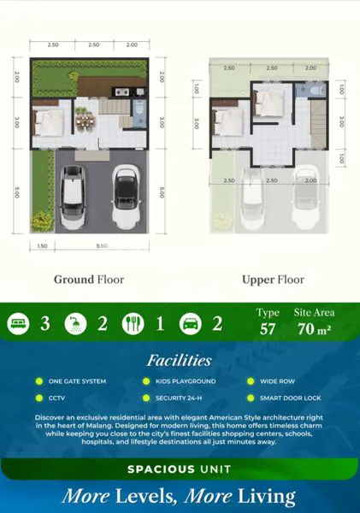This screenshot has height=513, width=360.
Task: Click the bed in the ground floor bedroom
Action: pyautogui.click(x=48, y=121)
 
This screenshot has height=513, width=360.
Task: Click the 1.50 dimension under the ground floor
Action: pyautogui.click(x=41, y=246)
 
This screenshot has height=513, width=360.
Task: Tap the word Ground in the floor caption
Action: pyautogui.click(x=72, y=280)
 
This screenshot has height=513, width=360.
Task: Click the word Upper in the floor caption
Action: pyautogui.click(x=257, y=280)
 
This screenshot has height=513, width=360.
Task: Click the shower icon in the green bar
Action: pyautogui.click(x=74, y=324)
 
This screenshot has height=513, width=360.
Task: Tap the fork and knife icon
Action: pyautogui.click(x=133, y=324)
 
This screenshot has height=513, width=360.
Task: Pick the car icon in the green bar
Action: pyautogui.click(x=189, y=324)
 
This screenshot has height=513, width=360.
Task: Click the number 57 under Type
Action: pyautogui.click(x=269, y=328)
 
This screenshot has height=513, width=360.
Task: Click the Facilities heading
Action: pyautogui.click(x=179, y=361)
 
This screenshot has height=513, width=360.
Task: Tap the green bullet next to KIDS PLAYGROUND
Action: pyautogui.click(x=146, y=381)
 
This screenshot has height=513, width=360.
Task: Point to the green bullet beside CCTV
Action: pyautogui.click(x=39, y=398)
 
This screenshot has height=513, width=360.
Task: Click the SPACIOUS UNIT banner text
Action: pyautogui.click(x=180, y=469)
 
